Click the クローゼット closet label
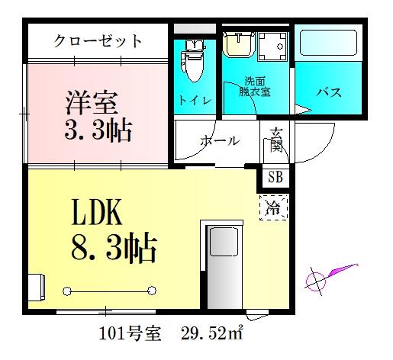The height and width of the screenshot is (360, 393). (x=97, y=42)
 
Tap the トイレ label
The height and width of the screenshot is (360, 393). (x=195, y=101)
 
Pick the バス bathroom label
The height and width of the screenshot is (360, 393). (x=329, y=93)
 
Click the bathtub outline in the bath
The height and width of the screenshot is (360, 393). (x=330, y=43)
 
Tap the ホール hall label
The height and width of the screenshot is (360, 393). (x=221, y=140)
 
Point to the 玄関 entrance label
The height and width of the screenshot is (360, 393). (x=275, y=141)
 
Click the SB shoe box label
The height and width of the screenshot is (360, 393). (x=275, y=178)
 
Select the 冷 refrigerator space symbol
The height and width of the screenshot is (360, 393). (x=272, y=207)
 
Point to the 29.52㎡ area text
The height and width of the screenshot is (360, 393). (x=212, y=334)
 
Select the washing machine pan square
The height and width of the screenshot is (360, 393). (x=272, y=47)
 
